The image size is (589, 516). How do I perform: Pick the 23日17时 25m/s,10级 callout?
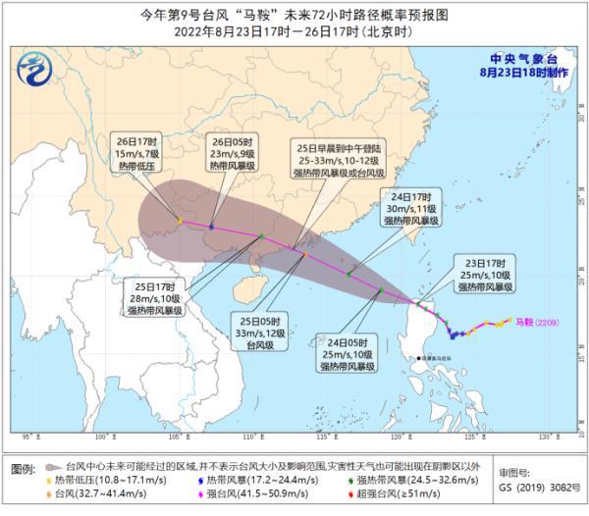[x=484, y=275]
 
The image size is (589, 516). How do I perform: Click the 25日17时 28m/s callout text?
[x=156, y=298]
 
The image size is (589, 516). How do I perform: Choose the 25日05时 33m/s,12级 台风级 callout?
[x=260, y=333]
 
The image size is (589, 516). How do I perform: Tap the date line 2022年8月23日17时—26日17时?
[x=294, y=28]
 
